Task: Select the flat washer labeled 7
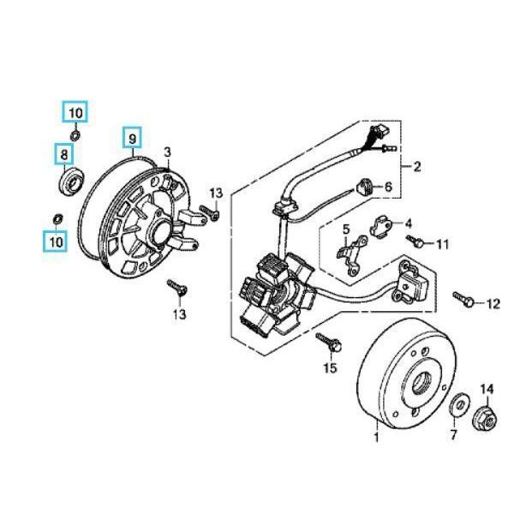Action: (458, 402)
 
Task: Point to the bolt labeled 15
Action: (330, 344)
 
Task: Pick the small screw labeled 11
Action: (414, 242)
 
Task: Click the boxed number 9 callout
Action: (132, 138)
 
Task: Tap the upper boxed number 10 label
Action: (75, 111)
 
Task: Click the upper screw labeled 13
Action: (206, 209)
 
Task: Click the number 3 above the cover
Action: (168, 152)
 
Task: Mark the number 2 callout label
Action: (417, 166)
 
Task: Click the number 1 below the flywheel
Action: (375, 439)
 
